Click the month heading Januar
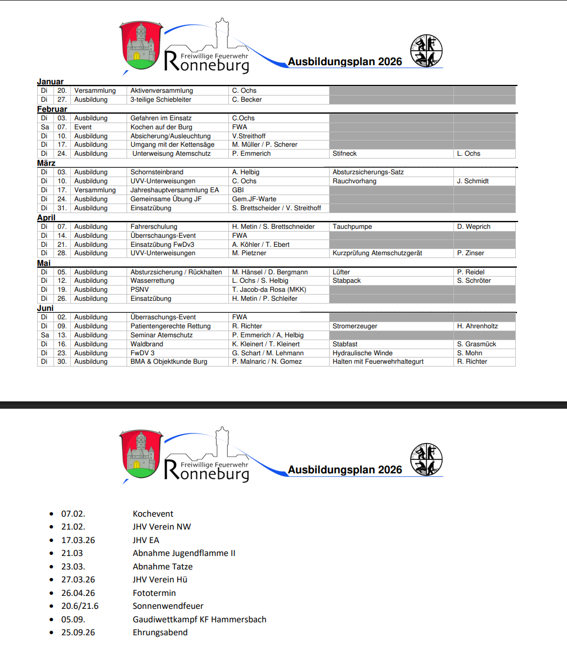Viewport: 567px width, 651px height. click(51, 82)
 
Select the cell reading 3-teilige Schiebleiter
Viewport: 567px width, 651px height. click(161, 100)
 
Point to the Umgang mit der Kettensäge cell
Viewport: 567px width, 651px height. click(172, 144)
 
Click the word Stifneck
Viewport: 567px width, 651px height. click(345, 153)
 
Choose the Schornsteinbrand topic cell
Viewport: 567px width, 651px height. click(157, 172)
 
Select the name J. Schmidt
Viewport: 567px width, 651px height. click(473, 181)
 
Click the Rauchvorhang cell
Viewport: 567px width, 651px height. click(354, 181)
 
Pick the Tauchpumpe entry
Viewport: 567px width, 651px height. click(352, 227)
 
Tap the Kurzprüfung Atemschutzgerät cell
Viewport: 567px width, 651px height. click(377, 253)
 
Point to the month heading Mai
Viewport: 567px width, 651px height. click(44, 263)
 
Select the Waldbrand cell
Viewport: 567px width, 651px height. click(147, 344)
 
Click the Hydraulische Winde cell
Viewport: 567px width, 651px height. click(363, 353)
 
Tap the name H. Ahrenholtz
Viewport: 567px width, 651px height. click(478, 326)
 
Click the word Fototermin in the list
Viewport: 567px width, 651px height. click(154, 593)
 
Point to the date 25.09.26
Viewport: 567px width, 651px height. click(78, 632)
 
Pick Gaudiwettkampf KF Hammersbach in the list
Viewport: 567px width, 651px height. click(200, 620)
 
